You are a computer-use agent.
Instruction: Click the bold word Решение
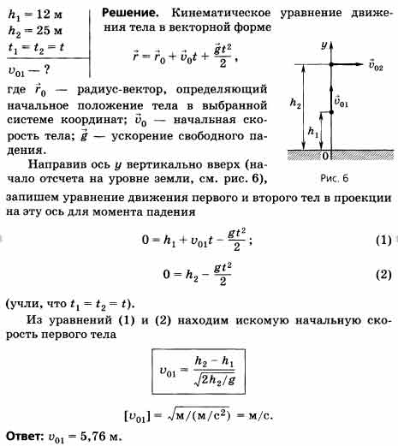[x=130, y=13]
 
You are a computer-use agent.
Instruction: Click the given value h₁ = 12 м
[x=35, y=15]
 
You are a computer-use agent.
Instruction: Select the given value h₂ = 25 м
[x=35, y=31]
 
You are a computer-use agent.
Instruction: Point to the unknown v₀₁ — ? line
[x=29, y=70]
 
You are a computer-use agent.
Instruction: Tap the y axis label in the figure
[x=324, y=45]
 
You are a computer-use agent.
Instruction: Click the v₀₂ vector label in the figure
[x=376, y=65]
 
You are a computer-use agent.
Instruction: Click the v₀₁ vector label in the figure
[x=342, y=102]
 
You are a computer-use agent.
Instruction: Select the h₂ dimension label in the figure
[x=295, y=103]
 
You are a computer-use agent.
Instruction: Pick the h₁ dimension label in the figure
[x=313, y=132]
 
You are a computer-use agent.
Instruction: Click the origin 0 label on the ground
[x=325, y=156]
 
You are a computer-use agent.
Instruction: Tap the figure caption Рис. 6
[x=335, y=178]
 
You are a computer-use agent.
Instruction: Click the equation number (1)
[x=383, y=241]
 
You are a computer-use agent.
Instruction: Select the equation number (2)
[x=383, y=275]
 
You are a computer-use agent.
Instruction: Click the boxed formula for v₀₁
[x=199, y=372]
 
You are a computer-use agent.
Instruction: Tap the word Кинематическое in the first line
[x=221, y=13]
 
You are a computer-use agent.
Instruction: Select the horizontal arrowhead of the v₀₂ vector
[x=358, y=64]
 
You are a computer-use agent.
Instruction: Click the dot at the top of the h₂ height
[x=331, y=64]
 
